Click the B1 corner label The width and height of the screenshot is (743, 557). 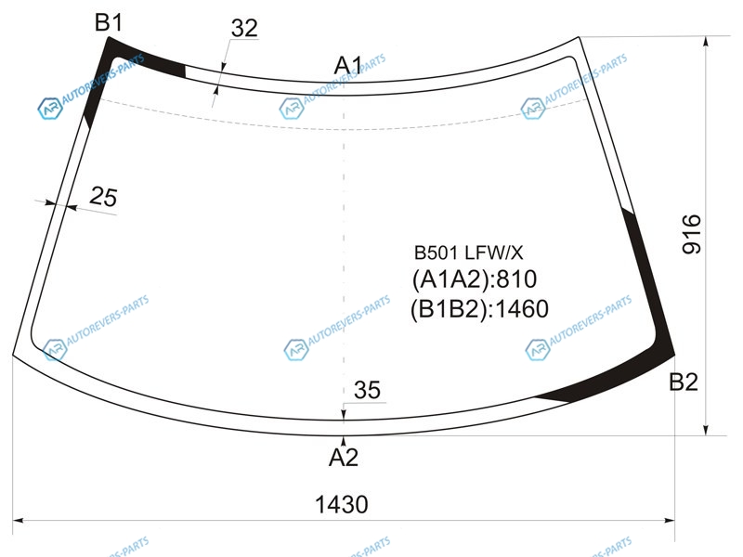point(109,22)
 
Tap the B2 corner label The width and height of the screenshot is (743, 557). point(684,382)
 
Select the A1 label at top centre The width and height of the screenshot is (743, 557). point(348,65)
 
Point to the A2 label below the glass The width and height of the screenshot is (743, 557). point(344,458)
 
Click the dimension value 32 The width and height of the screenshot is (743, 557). point(244,29)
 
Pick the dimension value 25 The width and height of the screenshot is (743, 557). point(103,197)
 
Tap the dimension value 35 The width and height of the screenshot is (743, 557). point(367,390)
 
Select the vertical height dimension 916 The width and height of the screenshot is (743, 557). point(691,234)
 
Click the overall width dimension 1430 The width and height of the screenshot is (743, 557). point(342,504)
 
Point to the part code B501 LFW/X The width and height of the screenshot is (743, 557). point(469,253)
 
